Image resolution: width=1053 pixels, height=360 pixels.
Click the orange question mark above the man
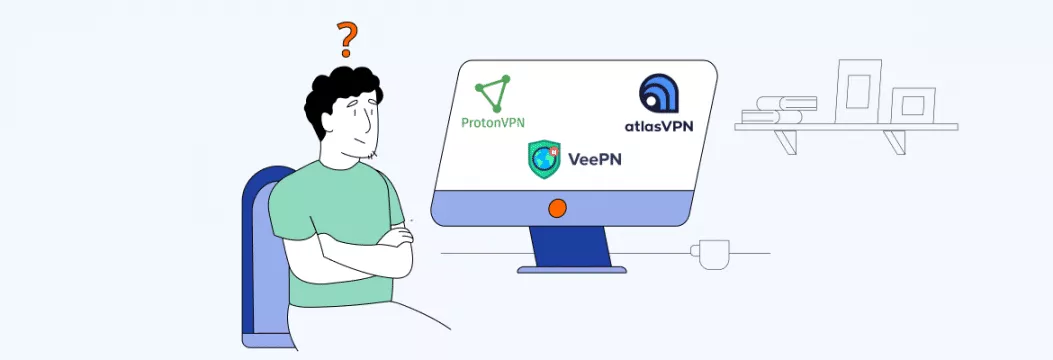346,39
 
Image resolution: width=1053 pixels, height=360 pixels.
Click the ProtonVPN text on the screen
493,123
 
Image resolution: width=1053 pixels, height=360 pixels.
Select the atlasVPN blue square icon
659,94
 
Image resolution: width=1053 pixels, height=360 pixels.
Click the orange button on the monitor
558,208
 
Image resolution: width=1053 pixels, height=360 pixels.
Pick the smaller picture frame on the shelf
912,104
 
